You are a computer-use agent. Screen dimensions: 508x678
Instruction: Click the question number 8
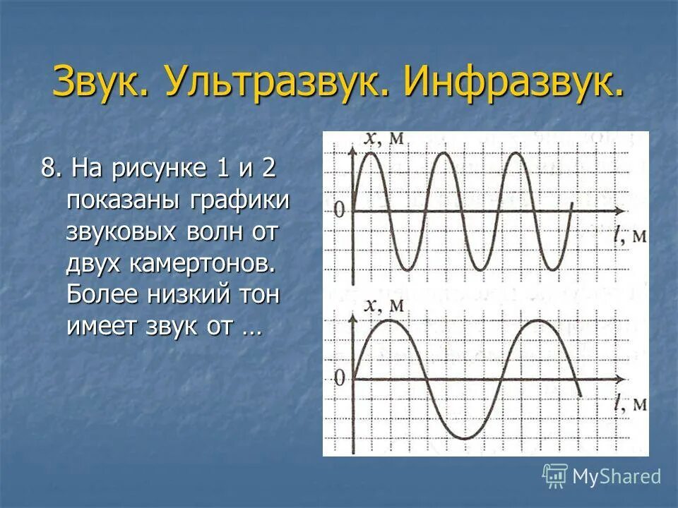point(50,169)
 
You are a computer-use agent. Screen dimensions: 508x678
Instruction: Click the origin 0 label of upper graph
point(339,210)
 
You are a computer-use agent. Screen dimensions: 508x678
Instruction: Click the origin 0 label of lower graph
point(339,379)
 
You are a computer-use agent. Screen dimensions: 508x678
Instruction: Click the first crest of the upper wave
point(370,153)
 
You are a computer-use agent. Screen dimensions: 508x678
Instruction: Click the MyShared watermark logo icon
point(555,476)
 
